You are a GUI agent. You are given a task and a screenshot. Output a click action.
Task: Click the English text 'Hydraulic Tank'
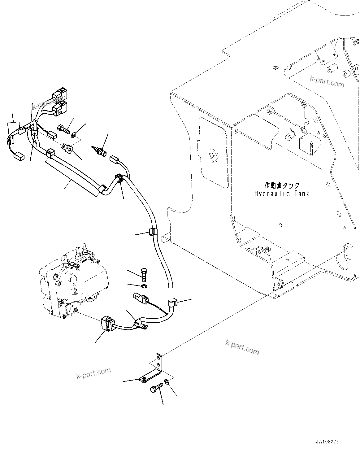point(282,194)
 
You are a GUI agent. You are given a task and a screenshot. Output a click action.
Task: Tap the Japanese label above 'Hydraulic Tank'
point(282,185)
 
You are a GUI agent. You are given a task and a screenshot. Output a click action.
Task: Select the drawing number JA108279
point(327,441)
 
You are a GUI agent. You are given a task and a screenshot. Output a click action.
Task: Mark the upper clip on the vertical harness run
point(153,232)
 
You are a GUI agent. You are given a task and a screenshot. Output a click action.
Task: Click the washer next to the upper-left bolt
point(73,135)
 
